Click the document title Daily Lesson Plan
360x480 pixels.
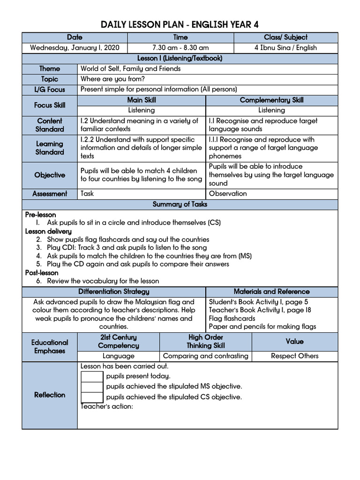pos(180,25)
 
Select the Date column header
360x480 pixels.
pos(75,37)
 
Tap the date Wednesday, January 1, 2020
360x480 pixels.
pos(75,48)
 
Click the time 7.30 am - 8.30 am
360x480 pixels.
pos(180,48)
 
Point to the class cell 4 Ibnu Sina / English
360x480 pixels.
pos(285,48)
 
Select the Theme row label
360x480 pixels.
pos(50,69)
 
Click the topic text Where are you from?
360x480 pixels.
pos(112,79)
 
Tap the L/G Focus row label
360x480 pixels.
pos(50,90)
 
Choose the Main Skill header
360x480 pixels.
pos(141,100)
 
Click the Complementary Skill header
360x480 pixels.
pos(271,100)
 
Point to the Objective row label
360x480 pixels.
pos(50,175)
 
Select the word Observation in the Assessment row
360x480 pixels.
pos(228,194)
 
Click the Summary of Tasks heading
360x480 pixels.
pos(180,204)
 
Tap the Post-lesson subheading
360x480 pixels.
pos(42,273)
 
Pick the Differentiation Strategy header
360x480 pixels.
pos(114,292)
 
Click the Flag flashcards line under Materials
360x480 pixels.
pos(232,318)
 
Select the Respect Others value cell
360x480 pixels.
pos(294,356)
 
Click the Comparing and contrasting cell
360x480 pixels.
pos(205,356)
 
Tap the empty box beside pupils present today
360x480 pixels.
pos(92,376)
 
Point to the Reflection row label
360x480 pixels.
pos(50,395)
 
